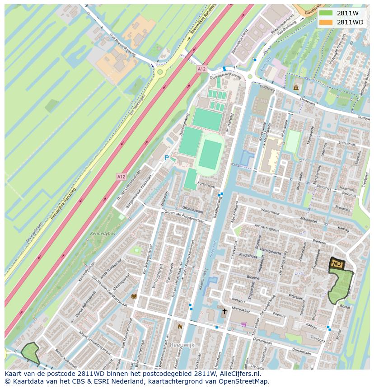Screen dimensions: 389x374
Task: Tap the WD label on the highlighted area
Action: point(337,263)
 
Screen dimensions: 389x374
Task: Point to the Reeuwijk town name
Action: point(182,345)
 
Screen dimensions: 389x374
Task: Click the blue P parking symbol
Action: point(166,158)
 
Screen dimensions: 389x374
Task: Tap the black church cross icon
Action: point(224,311)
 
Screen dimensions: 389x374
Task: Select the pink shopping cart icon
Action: point(244,324)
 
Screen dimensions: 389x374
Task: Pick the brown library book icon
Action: point(134,296)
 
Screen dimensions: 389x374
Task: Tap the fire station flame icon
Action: point(180,326)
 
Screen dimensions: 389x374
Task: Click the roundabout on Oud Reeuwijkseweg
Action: point(159,71)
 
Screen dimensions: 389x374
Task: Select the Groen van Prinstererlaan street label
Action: point(185,217)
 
